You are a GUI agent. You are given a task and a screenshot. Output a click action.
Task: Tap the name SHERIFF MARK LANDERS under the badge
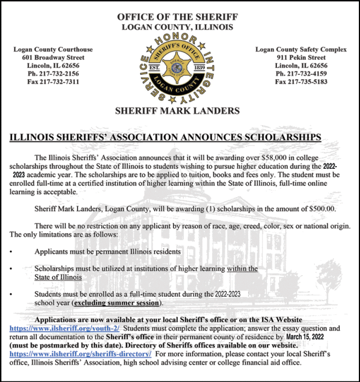(177, 111)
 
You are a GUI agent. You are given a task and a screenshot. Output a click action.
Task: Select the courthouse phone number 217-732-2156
(53, 73)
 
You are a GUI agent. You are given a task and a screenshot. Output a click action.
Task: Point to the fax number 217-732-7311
(53, 81)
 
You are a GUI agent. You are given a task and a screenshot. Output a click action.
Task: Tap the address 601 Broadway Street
(53, 57)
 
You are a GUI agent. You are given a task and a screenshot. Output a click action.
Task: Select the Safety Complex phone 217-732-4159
(301, 73)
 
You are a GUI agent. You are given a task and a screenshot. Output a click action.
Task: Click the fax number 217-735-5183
(301, 81)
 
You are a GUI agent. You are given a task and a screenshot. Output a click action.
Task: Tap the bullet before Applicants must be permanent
(12, 252)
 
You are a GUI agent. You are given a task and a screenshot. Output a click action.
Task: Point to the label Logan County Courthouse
(53, 49)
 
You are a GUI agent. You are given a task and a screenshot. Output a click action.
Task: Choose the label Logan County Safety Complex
(301, 49)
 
